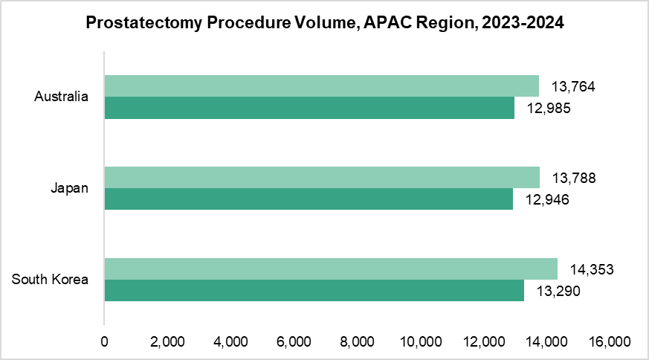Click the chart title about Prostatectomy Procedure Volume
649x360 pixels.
coord(325,23)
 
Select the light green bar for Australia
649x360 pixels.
coord(321,86)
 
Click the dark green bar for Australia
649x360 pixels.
coord(309,109)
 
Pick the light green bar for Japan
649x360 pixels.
coord(322,177)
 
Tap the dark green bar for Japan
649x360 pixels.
coord(309,199)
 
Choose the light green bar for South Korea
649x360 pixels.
coord(331,269)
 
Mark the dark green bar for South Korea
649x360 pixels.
coord(314,291)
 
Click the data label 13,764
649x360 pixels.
coord(573,87)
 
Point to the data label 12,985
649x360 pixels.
coord(548,109)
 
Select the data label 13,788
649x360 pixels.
coord(573,179)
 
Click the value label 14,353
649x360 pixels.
coord(592,269)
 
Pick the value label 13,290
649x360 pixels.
coord(558,292)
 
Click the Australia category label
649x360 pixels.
coord(62,97)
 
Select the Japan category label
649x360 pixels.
coord(70,188)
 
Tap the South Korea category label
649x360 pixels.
coord(51,280)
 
